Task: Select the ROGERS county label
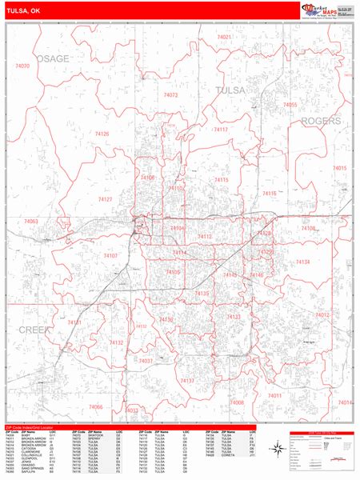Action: [x=321, y=121]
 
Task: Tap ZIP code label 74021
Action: [x=224, y=37]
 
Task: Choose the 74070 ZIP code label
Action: [x=22, y=66]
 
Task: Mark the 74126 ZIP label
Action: [x=102, y=134]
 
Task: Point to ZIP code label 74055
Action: [x=290, y=105]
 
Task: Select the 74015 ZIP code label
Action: [x=340, y=168]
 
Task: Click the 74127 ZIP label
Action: [x=105, y=198]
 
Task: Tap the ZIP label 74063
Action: [x=30, y=221]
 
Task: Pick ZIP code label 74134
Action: [x=302, y=262]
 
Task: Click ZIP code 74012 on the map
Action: [x=322, y=315]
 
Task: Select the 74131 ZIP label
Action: [x=74, y=322]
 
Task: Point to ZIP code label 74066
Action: [x=96, y=407]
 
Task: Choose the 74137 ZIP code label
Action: [x=187, y=381]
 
